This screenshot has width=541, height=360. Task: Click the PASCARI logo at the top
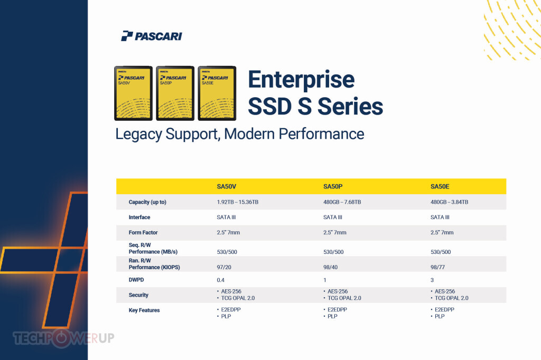tap(152, 36)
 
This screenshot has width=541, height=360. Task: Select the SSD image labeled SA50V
tap(133, 93)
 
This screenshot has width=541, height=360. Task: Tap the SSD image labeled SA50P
tap(175, 93)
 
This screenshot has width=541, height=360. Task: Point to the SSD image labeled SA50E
tap(217, 93)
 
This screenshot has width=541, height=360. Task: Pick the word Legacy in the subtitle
tap(138, 135)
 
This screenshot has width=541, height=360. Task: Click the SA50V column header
tap(226, 186)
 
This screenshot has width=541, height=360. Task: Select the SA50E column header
tap(440, 186)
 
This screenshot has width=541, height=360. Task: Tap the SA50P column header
tap(333, 186)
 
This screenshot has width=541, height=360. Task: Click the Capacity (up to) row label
tap(147, 202)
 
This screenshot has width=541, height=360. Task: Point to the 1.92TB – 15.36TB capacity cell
tap(237, 202)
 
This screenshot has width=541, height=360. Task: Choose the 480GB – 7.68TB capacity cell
tap(342, 202)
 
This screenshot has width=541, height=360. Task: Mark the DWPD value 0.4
tap(220, 280)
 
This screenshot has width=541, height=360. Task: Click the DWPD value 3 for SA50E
tap(432, 280)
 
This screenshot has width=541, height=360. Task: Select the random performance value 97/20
tap(224, 267)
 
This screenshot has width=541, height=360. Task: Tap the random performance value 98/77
tap(437, 267)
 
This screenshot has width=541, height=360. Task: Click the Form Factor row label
tap(143, 232)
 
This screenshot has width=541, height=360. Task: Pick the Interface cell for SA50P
tap(333, 217)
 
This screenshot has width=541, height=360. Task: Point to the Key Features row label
tap(144, 310)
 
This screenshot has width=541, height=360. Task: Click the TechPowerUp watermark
tap(63, 338)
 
